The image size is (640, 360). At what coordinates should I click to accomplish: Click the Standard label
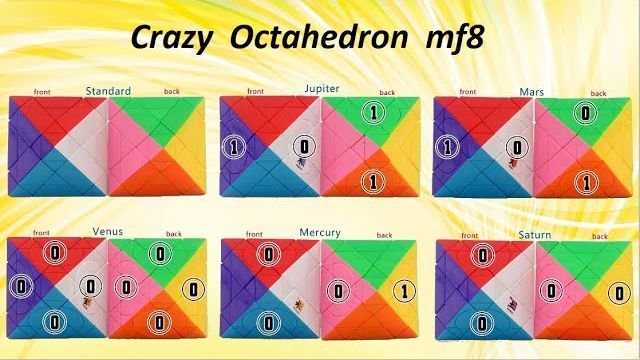coord(108,92)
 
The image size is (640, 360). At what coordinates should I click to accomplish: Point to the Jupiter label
coord(322,89)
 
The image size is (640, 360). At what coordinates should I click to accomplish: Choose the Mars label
coord(531,91)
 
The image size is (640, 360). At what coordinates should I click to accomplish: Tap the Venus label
coord(108,230)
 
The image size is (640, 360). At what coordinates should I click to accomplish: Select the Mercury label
coord(320,233)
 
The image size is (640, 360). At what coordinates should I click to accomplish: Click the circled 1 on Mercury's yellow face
coord(401,293)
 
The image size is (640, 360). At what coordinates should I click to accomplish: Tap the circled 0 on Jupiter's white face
coord(301,147)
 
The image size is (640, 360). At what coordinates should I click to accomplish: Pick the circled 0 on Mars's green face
coord(585,112)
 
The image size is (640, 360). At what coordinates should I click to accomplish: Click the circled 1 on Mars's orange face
coord(585,182)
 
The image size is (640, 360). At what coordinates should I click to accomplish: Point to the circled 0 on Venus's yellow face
coord(193,290)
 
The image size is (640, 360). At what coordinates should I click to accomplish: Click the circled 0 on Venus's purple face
coord(20,287)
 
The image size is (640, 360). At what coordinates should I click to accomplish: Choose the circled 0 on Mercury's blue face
coord(267,322)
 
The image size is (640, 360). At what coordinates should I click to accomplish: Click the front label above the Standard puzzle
coord(41,92)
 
